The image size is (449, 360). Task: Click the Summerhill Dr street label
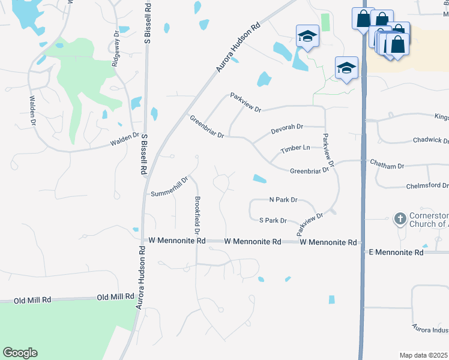170,187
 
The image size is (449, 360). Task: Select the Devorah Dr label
287,127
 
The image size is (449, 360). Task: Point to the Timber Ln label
295,148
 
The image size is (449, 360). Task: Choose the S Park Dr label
273,221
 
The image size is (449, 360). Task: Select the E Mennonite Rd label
396,253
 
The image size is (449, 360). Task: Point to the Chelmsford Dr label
427,186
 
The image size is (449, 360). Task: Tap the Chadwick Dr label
430,140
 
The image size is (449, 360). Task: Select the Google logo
20,353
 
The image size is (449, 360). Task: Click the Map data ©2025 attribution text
423,355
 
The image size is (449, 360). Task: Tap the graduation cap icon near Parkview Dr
346,68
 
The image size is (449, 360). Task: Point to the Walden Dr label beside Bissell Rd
124,143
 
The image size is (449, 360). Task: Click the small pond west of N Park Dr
260,178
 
